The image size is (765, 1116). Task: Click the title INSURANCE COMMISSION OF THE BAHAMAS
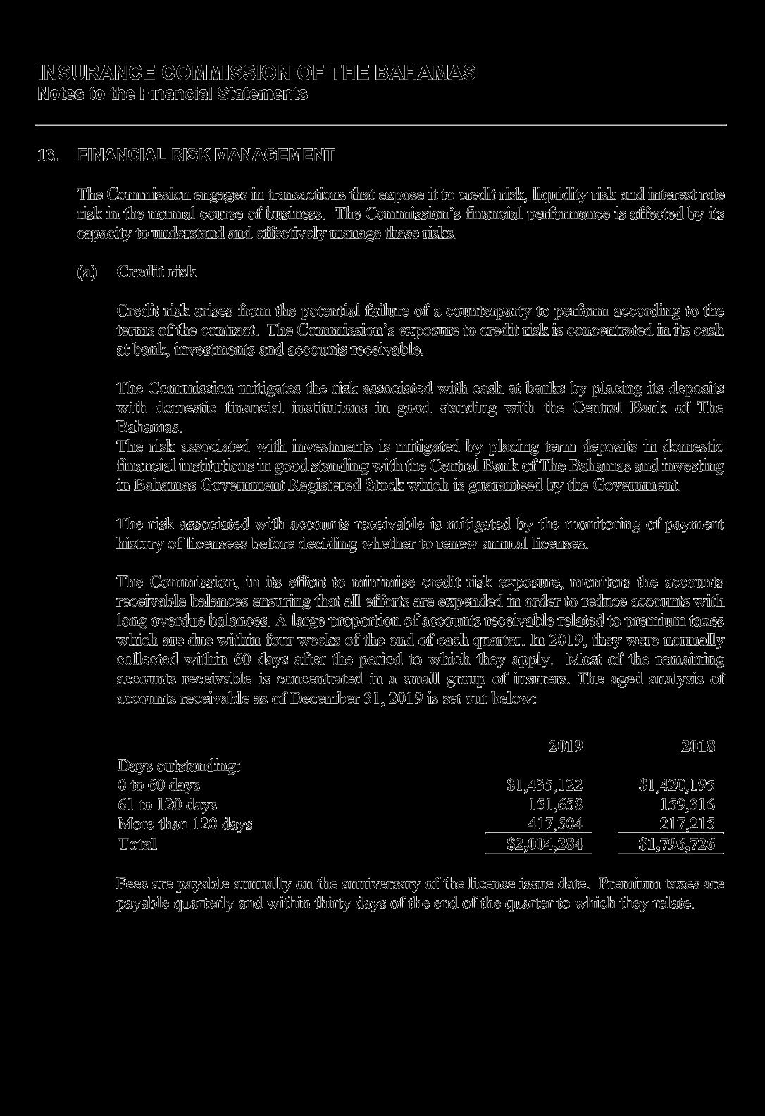click(256, 73)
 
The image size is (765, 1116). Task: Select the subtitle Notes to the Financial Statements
click(173, 94)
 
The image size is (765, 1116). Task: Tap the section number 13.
click(48, 155)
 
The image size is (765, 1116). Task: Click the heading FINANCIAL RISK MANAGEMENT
click(206, 155)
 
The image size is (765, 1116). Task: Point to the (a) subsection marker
click(86, 272)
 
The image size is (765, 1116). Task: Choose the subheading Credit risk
click(156, 272)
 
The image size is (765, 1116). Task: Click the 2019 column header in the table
click(565, 746)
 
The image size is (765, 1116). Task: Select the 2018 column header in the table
click(697, 746)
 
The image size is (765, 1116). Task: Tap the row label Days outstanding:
click(178, 765)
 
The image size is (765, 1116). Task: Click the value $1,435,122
click(545, 785)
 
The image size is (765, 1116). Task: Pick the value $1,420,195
click(676, 785)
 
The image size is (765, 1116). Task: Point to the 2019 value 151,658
click(555, 805)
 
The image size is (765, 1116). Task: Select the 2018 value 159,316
click(687, 805)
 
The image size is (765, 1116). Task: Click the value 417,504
click(555, 824)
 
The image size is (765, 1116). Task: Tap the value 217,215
click(687, 824)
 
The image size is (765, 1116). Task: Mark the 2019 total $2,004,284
click(545, 844)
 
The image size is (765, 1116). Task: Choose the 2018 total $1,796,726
click(676, 844)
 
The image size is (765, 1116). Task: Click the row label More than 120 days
click(185, 824)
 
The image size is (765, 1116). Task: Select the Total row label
click(137, 844)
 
